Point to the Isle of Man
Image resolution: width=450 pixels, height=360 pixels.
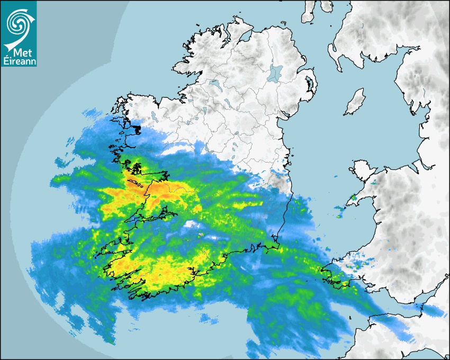(x=355, y=102)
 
